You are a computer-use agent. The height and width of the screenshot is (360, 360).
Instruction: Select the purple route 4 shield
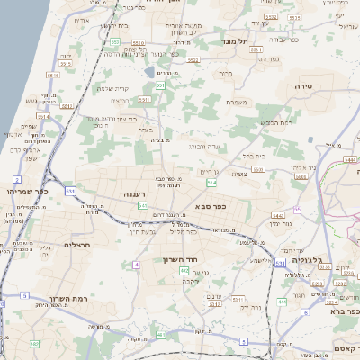tap(137, 265)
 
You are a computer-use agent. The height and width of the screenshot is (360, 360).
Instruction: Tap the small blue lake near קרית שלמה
tap(148, 70)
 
